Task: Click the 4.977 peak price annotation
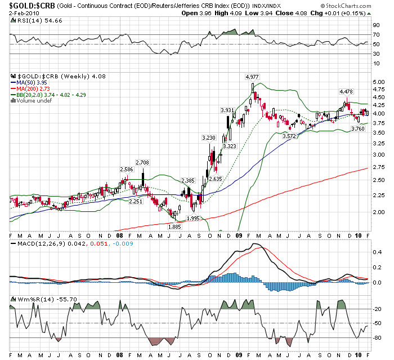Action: tap(252, 77)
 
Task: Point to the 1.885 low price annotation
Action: tap(175, 226)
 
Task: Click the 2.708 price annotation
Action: tap(142, 163)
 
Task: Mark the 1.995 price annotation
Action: tap(193, 219)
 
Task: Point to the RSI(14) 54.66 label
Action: tap(33, 19)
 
